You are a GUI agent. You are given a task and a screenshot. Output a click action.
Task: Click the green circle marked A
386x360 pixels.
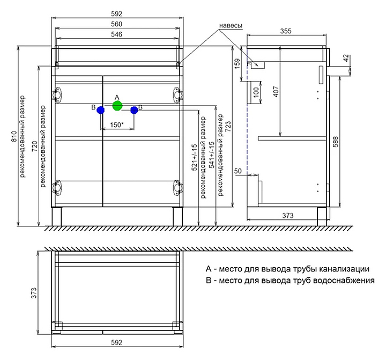[x=117, y=106]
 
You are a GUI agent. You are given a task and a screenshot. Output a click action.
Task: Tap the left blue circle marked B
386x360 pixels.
[x=100, y=109]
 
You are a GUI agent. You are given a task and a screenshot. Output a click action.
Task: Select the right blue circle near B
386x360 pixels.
[x=134, y=110]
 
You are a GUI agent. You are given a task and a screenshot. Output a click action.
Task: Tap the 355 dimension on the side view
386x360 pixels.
[x=286, y=32]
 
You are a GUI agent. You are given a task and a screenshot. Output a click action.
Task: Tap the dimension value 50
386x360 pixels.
[x=238, y=171]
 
